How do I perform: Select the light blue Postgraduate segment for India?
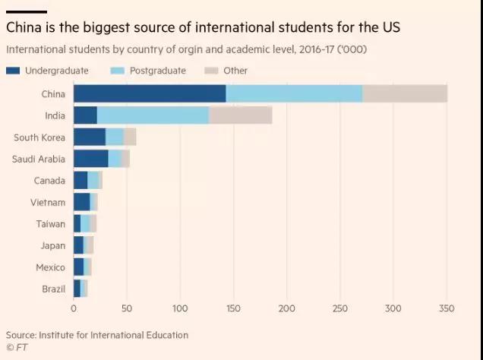153,115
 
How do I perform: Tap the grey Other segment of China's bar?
405,93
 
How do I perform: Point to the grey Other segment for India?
240,115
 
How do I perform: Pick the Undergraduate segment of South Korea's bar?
90,137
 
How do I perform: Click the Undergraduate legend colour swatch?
13,71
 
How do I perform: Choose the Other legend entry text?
235,71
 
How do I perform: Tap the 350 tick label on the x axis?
447,308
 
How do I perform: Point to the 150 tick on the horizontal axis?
234,308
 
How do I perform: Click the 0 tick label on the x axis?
74,308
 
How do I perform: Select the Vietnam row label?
49,203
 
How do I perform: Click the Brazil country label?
53,289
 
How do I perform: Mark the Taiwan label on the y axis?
51,224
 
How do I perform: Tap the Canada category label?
50,181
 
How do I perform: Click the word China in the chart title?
24,28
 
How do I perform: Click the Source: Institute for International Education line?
96,335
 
